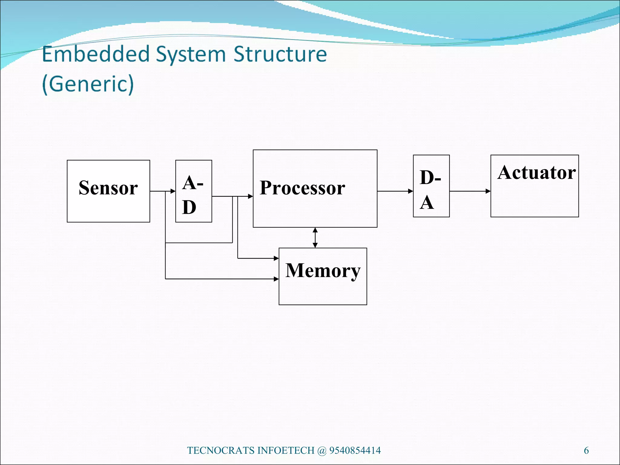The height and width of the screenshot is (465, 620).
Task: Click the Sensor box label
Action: (108, 188)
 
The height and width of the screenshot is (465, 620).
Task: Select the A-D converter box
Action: (193, 191)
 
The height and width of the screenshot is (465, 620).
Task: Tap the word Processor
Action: (302, 188)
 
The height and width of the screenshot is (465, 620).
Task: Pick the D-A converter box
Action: (431, 186)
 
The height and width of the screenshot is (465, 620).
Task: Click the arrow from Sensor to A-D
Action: (163, 191)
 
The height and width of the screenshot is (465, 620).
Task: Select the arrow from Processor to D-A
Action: (395, 191)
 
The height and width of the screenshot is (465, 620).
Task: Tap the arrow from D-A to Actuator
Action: (470, 191)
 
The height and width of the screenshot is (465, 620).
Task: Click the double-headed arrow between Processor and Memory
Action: (315, 238)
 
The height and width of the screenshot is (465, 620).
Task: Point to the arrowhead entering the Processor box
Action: (250, 196)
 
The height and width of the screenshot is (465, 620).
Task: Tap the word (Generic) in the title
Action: (88, 84)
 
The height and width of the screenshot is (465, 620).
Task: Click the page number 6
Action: (586, 450)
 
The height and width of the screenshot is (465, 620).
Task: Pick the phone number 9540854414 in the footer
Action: (355, 450)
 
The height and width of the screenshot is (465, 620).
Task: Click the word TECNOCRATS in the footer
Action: (221, 450)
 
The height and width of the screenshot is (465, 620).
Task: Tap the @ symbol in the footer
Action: (322, 450)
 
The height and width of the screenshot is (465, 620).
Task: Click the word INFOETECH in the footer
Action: (286, 450)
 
